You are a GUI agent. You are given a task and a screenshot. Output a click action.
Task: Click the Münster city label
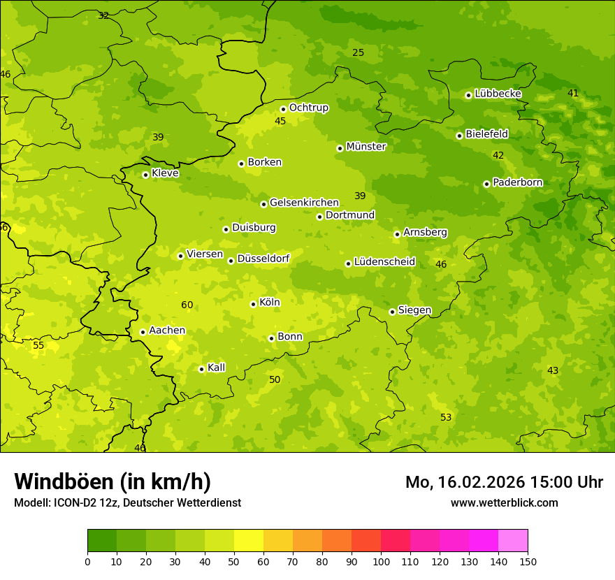(x=366, y=147)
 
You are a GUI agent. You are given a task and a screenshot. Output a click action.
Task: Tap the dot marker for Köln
(x=253, y=304)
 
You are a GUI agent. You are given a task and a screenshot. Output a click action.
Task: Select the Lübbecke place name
(x=498, y=94)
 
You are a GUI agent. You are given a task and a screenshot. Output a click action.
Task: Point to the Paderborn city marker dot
(x=486, y=184)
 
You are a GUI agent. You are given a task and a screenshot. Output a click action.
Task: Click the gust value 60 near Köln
(x=187, y=305)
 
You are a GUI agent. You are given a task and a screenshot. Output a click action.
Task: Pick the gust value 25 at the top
(x=358, y=52)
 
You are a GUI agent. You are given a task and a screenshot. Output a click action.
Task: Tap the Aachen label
(x=167, y=331)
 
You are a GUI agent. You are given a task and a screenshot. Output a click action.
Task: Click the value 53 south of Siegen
(x=446, y=417)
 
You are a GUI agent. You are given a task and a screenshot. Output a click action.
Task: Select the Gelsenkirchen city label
(x=304, y=203)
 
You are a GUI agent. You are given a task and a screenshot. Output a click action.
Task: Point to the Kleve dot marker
(x=145, y=175)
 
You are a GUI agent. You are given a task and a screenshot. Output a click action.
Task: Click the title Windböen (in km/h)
(x=113, y=481)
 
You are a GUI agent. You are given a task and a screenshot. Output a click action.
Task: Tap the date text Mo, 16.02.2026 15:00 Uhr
(x=504, y=482)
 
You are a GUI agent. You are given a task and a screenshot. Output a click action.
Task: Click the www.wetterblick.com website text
(x=504, y=502)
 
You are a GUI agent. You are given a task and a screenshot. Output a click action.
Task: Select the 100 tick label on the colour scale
(x=381, y=561)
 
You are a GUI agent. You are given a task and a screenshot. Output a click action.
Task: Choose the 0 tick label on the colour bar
(x=87, y=561)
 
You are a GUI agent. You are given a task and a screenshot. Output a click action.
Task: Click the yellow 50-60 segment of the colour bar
(x=249, y=541)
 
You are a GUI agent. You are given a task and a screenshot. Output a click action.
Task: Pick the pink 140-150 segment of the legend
(x=513, y=541)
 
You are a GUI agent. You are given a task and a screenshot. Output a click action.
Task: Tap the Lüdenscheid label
(x=384, y=262)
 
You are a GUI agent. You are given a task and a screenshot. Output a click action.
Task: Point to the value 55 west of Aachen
(x=38, y=345)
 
